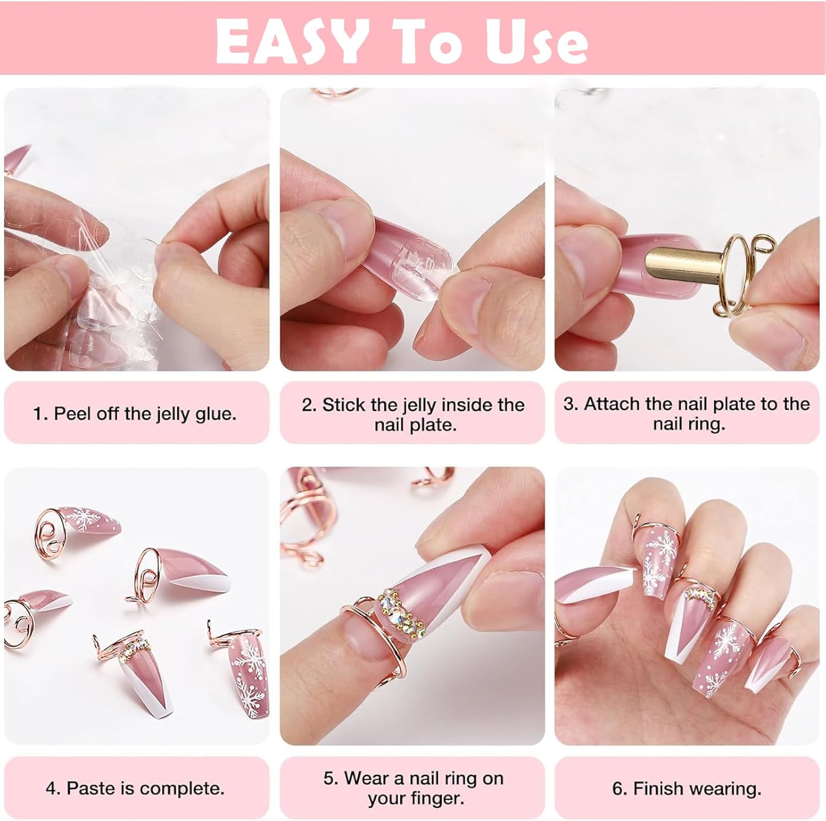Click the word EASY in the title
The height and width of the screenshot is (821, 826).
[291, 40]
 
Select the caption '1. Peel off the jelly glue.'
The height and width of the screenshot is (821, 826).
[135, 414]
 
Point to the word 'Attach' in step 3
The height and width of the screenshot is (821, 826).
[612, 404]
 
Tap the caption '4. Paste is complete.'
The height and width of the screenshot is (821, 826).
[135, 788]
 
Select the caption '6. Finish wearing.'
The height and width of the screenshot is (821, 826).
[687, 789]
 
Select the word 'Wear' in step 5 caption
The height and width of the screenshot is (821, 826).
[373, 778]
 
